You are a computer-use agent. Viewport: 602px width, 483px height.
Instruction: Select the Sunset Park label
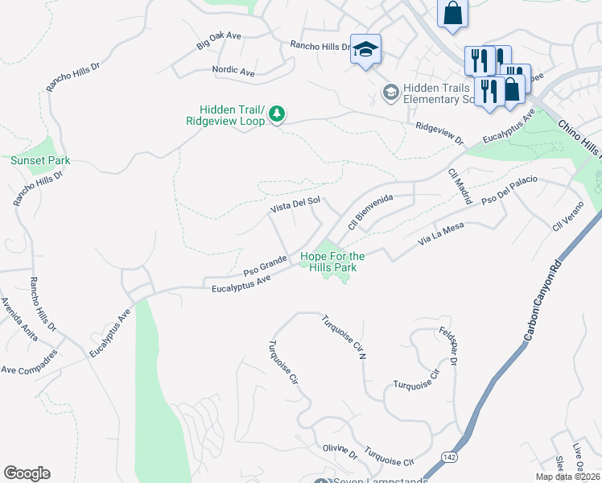point(40,160)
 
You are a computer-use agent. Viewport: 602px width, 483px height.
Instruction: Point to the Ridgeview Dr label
point(440,133)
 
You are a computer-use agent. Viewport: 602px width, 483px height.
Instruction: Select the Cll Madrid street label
point(460,185)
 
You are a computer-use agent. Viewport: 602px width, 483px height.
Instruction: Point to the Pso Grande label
point(266,264)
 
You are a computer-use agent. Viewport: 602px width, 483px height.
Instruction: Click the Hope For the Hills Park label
point(332,262)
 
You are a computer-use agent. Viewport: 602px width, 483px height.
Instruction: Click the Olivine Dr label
point(340,452)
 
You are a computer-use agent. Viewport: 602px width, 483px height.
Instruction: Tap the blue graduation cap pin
point(366,50)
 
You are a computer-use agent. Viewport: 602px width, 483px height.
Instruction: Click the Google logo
point(27,473)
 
